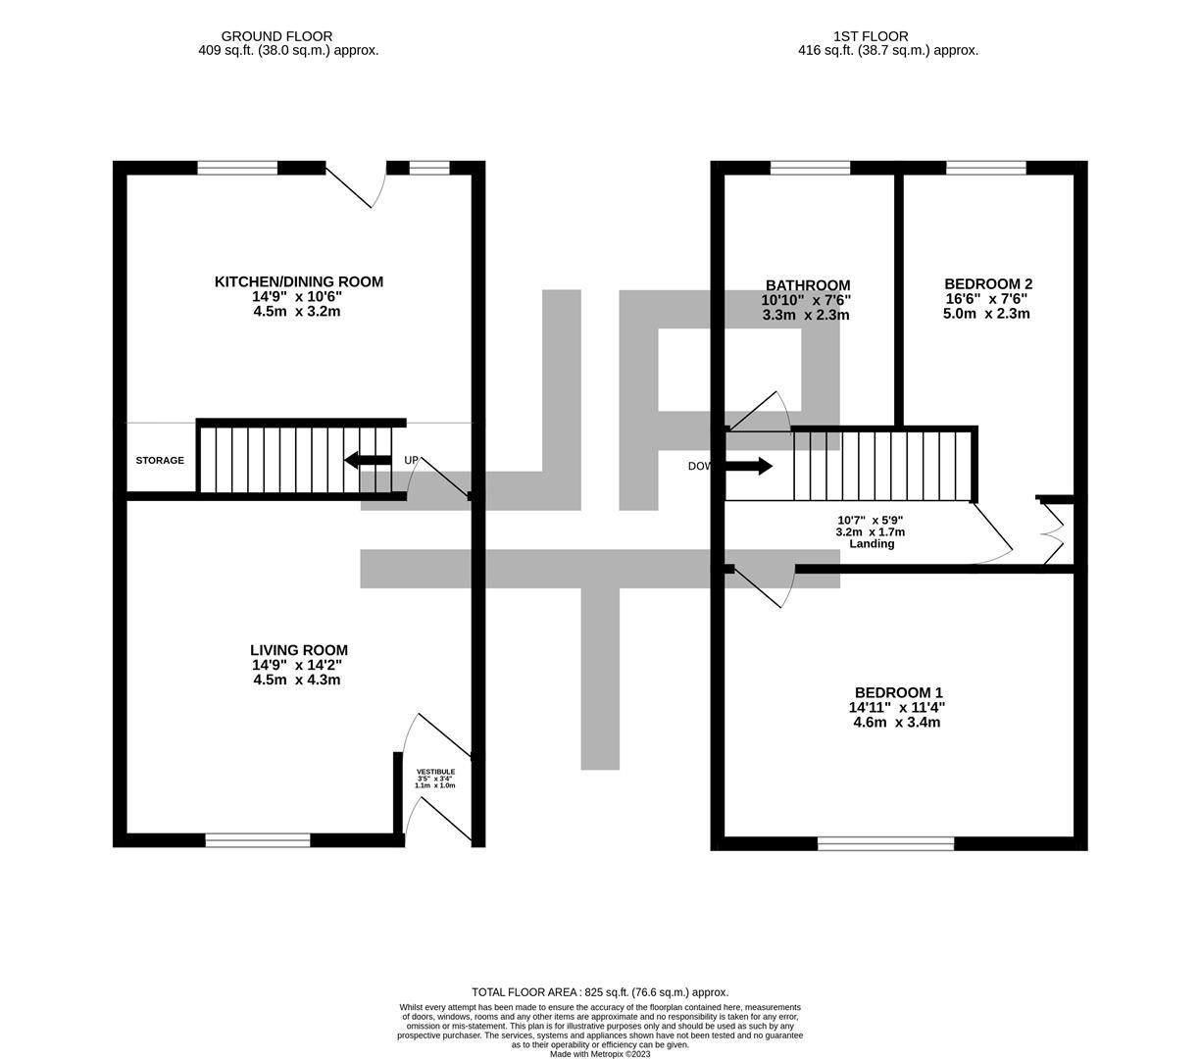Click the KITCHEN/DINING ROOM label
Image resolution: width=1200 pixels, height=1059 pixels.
pos(299,282)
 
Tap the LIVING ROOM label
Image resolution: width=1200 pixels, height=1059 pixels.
pos(299,650)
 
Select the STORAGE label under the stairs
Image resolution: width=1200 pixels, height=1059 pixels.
pos(160,461)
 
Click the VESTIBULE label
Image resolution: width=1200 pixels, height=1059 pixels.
pos(435,772)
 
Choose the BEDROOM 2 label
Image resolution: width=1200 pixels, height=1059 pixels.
pos(988,284)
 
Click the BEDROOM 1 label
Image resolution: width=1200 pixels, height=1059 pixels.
pos(897,692)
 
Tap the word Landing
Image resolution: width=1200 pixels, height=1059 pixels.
pos(872,544)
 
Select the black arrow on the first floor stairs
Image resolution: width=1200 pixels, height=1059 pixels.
pos(749,467)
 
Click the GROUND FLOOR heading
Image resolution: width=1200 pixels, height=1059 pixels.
pos(276,36)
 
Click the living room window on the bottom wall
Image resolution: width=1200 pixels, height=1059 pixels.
pos(258,839)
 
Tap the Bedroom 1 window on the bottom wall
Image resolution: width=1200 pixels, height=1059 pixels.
pos(886,843)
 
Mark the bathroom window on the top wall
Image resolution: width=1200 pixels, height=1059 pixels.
pos(810,168)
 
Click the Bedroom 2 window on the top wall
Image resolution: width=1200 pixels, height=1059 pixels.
pos(986,168)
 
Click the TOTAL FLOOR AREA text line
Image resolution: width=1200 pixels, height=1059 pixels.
pos(600,992)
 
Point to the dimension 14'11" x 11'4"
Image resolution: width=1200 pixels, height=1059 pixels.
pos(897,708)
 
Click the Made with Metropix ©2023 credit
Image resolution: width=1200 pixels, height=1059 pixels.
pos(600,1054)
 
